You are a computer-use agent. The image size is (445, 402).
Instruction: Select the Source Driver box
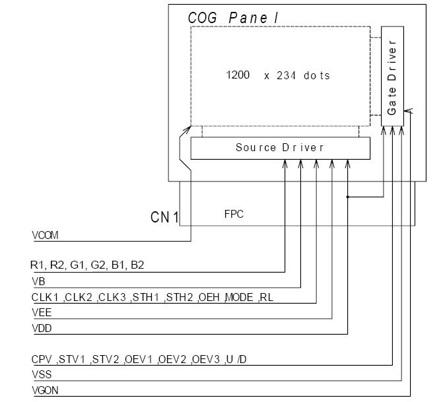(280, 148)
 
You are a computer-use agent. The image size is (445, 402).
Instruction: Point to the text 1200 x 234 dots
(277, 75)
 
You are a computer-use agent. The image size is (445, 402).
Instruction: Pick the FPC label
(234, 215)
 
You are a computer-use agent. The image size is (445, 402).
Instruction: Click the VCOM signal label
(46, 236)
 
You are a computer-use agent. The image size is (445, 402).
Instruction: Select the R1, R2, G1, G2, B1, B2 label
(87, 265)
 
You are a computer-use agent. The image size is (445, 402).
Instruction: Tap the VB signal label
(38, 281)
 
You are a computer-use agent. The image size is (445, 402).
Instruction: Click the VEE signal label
(41, 313)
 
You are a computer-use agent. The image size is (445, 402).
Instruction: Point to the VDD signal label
(42, 328)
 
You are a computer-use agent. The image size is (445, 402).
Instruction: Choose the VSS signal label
(41, 375)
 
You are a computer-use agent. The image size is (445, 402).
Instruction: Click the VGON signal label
(45, 390)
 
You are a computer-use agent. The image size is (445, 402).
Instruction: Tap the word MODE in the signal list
(238, 297)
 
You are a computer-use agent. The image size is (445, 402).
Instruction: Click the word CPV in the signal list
(42, 360)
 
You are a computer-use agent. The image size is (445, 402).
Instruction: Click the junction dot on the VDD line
(348, 197)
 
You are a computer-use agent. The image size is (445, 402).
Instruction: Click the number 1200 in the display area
(238, 75)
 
